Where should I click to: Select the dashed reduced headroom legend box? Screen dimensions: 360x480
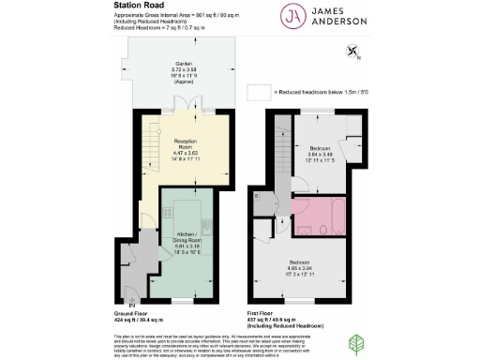point(257,93)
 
